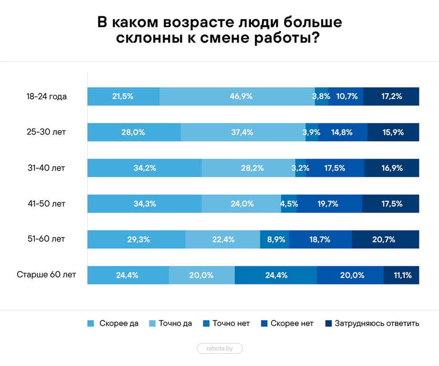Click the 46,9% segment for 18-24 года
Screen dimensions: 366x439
[x=237, y=96]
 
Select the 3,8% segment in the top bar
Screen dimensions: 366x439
[x=322, y=96]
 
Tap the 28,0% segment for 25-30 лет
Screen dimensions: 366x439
[x=134, y=132]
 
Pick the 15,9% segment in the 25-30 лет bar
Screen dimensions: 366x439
[x=393, y=132]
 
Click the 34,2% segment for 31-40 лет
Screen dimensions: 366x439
[x=144, y=168]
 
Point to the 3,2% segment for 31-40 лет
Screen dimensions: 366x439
[x=301, y=168]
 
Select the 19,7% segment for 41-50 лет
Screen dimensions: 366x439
[x=329, y=203]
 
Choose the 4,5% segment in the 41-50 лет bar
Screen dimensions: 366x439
[x=289, y=203]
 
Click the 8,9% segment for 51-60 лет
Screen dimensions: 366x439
[x=275, y=239]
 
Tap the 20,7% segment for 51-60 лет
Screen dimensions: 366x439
[x=385, y=239]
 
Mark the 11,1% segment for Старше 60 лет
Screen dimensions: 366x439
[x=401, y=275]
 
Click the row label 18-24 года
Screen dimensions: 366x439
[x=46, y=96]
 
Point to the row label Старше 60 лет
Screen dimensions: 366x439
[x=46, y=275]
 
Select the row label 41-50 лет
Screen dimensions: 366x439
[x=46, y=203]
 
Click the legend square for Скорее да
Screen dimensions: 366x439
[x=91, y=324]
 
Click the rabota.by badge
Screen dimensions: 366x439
[x=219, y=348]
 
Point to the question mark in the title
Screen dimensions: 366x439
[x=314, y=39]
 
